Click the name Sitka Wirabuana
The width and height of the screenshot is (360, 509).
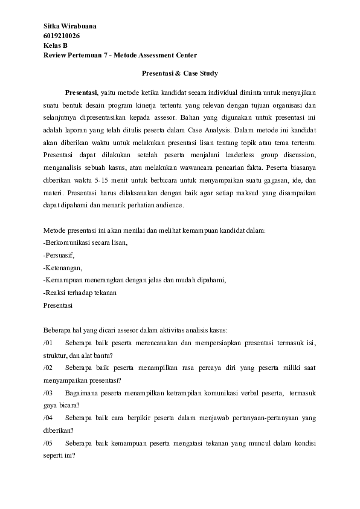click(x=70, y=27)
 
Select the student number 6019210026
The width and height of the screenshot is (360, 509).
click(x=62, y=36)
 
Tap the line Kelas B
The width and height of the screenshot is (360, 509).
click(x=56, y=45)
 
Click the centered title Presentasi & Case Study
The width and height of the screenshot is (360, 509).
click(x=179, y=73)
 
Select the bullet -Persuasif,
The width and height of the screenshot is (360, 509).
click(x=60, y=254)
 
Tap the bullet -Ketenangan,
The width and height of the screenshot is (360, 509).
click(x=63, y=267)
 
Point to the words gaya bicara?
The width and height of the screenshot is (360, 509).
click(x=61, y=405)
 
